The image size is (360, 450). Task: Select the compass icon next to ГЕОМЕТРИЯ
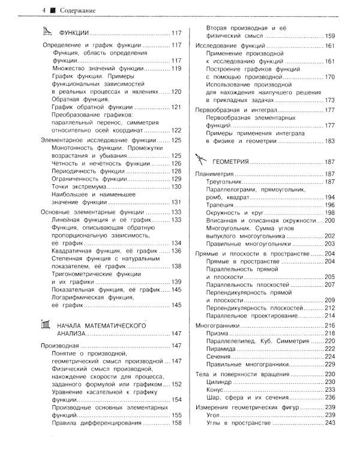202,161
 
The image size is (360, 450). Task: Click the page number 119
176,68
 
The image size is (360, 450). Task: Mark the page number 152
176,384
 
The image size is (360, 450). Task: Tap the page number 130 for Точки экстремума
176,186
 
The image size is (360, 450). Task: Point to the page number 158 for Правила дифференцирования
176,422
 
